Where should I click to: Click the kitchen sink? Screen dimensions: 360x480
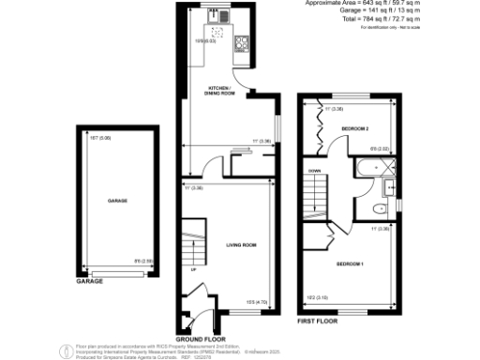[x=215, y=16]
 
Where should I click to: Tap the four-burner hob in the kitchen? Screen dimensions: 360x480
[x=241, y=41]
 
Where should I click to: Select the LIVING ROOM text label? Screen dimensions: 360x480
[x=241, y=245]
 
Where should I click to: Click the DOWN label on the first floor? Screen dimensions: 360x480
[x=315, y=171]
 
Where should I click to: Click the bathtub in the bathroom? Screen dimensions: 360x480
[x=373, y=169]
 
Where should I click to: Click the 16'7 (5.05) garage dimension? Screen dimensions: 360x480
[x=100, y=138]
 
